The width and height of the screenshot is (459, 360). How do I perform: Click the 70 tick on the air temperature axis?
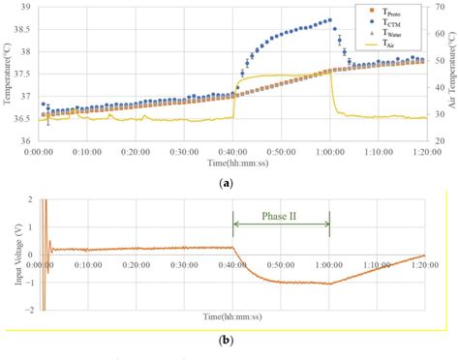[439, 6]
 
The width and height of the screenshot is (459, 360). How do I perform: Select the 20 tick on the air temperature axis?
[439, 141]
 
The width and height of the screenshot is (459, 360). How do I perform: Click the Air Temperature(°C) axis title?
[452, 74]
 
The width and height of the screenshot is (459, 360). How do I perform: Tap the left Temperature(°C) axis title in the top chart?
[9, 74]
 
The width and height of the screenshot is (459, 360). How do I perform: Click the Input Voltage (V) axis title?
[9, 255]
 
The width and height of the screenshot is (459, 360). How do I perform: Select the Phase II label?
[281, 217]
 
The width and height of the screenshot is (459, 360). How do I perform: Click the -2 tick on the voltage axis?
[28, 310]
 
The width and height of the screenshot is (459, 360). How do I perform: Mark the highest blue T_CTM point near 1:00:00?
[329, 20]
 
